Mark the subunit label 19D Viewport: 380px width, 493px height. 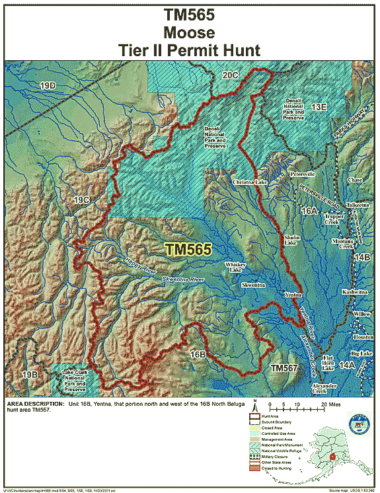48,87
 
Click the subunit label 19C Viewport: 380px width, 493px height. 81,199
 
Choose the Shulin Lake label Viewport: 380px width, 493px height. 292,241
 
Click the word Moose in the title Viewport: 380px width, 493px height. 190,31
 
